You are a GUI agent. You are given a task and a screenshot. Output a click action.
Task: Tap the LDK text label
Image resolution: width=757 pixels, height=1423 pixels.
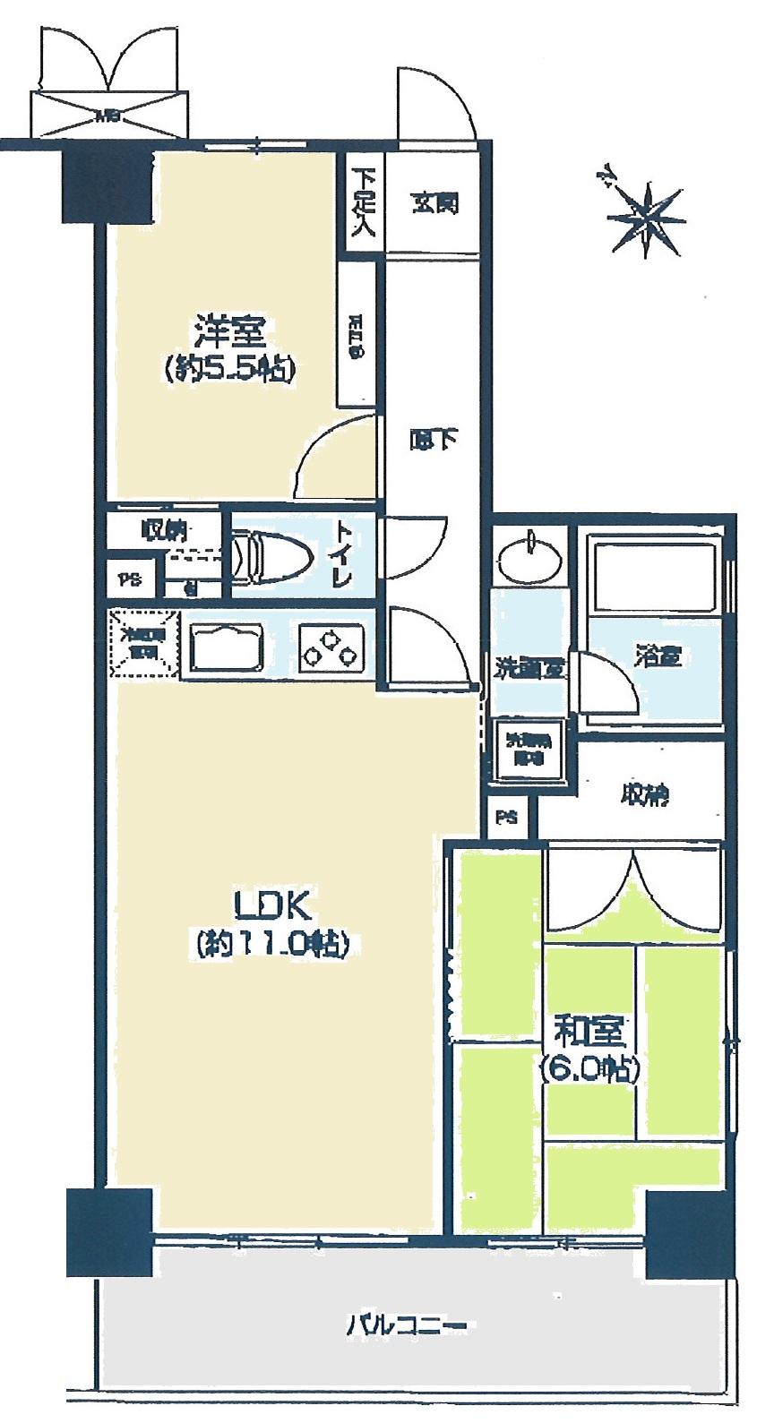point(272,907)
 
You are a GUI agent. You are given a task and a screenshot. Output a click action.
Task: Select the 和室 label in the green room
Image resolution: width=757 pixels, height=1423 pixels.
point(588,1033)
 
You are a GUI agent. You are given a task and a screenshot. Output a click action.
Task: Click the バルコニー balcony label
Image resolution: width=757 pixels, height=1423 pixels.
point(407,1324)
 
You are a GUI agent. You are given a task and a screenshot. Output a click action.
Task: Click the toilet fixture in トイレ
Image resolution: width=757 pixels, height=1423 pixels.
point(269,559)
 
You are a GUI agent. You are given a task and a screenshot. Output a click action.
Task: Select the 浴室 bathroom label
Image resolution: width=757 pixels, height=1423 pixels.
point(658,656)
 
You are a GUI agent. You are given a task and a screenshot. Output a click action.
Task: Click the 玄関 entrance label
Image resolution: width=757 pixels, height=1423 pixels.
point(435,203)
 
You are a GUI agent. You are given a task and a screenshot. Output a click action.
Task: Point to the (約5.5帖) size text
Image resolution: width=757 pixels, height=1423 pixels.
point(229,369)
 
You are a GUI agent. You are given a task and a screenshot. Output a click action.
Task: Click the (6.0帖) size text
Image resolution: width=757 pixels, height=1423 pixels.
point(588,1069)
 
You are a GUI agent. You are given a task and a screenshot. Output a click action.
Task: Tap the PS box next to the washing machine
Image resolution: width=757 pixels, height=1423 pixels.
point(507,816)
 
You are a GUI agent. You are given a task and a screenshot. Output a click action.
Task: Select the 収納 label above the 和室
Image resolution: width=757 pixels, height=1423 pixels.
point(642,794)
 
